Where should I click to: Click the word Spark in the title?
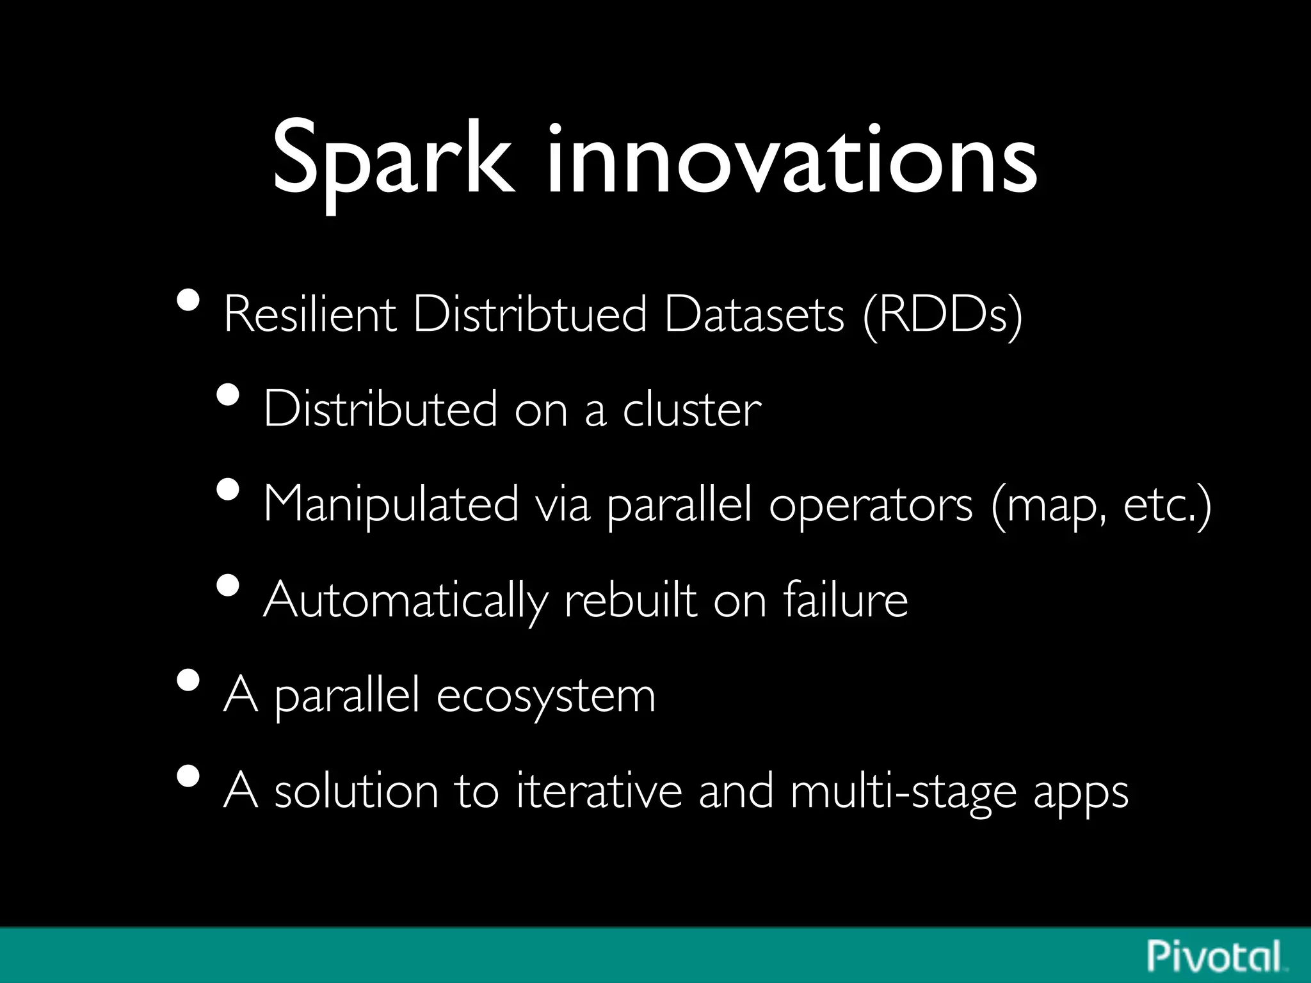[392, 160]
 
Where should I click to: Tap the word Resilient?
[310, 315]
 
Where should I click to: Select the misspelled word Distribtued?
[529, 315]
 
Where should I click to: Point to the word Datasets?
[754, 315]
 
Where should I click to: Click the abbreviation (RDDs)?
[942, 316]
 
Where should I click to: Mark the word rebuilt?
[630, 600]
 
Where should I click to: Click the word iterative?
[599, 791]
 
